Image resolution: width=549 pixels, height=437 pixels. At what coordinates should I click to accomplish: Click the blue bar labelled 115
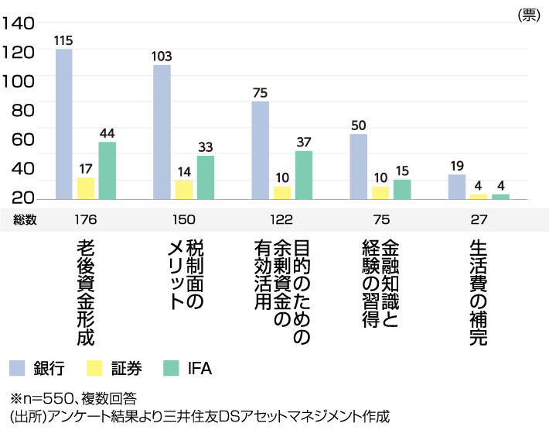[x=64, y=124]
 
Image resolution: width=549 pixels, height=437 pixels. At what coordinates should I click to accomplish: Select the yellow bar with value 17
[x=85, y=188]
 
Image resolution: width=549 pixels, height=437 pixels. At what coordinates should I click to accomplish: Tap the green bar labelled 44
[x=107, y=170]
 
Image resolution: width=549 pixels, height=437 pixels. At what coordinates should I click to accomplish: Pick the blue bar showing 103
[x=162, y=132]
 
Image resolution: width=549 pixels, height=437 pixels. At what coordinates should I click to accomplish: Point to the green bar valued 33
[x=205, y=177]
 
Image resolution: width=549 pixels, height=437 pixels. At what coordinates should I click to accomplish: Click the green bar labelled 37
[x=303, y=174]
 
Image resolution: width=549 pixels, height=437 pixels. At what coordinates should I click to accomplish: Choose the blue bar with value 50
[x=358, y=167]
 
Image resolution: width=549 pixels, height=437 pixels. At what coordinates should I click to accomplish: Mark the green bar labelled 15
[x=402, y=189]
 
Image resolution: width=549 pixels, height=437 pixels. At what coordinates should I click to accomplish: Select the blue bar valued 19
[x=456, y=187]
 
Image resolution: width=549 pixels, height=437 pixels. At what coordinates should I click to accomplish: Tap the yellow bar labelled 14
[x=183, y=190]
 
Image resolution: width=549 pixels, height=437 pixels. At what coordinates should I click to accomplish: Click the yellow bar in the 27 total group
[x=478, y=196]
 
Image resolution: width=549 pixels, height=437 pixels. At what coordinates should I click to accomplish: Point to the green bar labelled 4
[x=500, y=196]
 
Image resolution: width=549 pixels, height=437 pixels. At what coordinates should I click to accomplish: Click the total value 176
[x=85, y=219]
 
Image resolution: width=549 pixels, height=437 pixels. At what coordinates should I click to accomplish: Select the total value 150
[x=183, y=219]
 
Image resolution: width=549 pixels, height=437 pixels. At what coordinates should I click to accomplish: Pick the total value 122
[x=281, y=219]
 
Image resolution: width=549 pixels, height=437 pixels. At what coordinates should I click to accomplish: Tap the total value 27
[x=479, y=219]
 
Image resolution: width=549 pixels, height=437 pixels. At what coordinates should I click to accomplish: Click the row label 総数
[x=25, y=219]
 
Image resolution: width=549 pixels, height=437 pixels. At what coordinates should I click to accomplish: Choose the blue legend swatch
[x=17, y=368]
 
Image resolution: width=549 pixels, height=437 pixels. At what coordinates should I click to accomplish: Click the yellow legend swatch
[x=94, y=368]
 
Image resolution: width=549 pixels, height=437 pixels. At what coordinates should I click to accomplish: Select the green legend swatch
[x=171, y=368]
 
